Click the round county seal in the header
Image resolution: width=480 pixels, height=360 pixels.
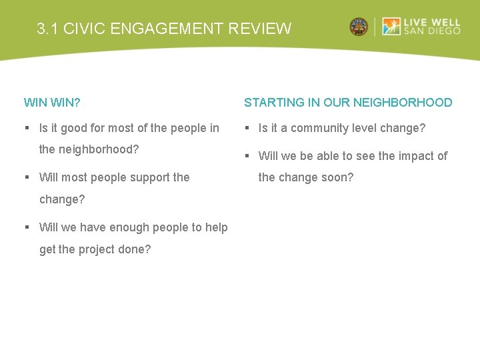coord(359,27)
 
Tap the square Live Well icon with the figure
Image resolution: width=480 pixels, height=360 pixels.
coord(391,27)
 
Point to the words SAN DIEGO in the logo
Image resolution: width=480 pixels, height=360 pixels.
coord(431,31)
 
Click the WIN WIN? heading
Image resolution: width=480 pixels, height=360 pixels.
coord(52,103)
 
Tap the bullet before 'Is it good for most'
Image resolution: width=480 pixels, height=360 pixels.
coord(27,128)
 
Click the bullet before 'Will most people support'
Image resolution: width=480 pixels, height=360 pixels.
coord(27,177)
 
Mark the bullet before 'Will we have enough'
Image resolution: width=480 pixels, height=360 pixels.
coord(27,227)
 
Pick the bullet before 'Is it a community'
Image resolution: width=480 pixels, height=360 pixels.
coord(247,128)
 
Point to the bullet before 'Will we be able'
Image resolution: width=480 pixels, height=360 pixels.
coord(247,156)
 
